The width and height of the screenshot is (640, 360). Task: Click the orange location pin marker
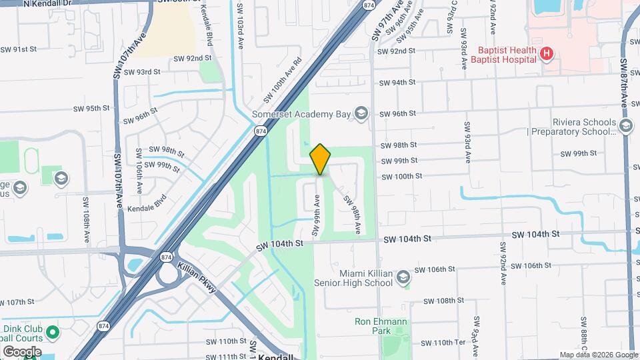[x=321, y=159]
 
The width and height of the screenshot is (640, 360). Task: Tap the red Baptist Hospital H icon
[x=547, y=53]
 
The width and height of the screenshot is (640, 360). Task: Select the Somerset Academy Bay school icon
[x=361, y=113]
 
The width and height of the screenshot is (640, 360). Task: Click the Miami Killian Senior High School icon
[x=403, y=277]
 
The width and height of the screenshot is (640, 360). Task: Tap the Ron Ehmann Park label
[x=380, y=326]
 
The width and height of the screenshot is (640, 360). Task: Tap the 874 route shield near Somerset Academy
[x=260, y=133]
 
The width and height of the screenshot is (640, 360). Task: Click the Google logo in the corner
[x=21, y=351]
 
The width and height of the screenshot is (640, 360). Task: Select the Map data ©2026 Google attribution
[x=598, y=355]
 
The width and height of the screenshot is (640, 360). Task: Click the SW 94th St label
[x=397, y=83]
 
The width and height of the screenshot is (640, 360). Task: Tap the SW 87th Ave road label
[x=625, y=80]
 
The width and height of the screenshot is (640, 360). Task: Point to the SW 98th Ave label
[x=351, y=214]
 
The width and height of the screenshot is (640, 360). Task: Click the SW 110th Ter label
[x=433, y=343]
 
